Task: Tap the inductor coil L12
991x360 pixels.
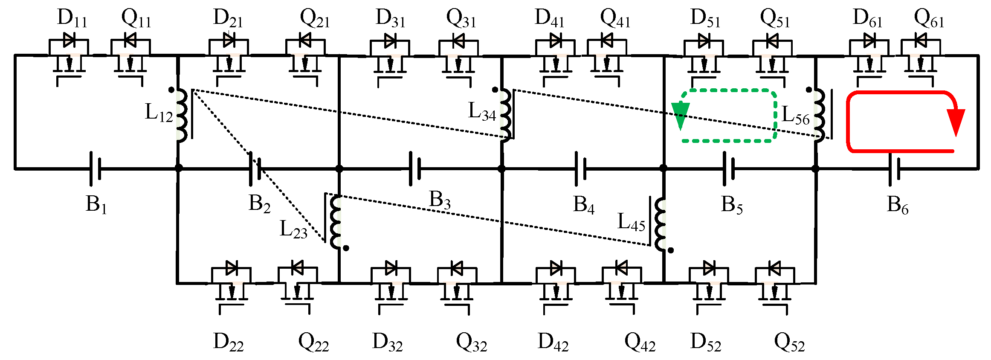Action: tap(181, 115)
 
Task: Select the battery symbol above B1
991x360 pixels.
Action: tap(95, 168)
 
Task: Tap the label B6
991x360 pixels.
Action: tap(897, 206)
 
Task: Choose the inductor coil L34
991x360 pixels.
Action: tap(505, 114)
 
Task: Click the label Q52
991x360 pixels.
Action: tap(789, 343)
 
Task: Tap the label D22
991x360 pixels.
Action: tap(228, 343)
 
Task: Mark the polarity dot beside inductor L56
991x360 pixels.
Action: tap(809, 90)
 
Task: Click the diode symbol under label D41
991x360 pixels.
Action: tap(556, 41)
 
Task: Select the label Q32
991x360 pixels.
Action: tap(471, 343)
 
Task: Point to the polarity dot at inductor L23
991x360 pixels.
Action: tap(346, 248)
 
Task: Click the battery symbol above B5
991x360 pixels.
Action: tap(729, 168)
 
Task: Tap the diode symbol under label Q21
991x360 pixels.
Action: tap(305, 41)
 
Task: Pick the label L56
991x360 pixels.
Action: tap(796, 116)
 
